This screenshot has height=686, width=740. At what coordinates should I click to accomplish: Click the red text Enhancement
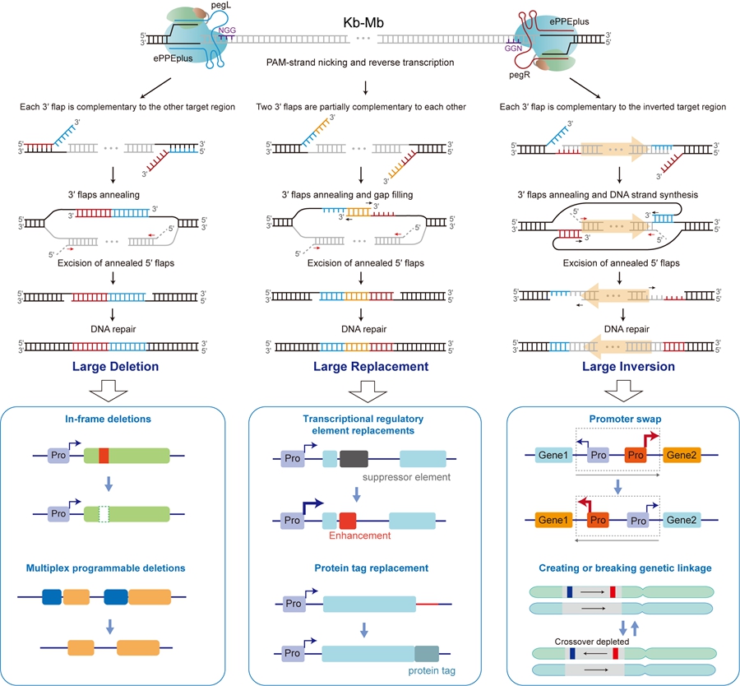pos(358,535)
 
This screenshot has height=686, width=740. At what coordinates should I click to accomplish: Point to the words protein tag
pos(432,670)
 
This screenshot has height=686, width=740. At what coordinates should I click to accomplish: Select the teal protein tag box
pos(428,653)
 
